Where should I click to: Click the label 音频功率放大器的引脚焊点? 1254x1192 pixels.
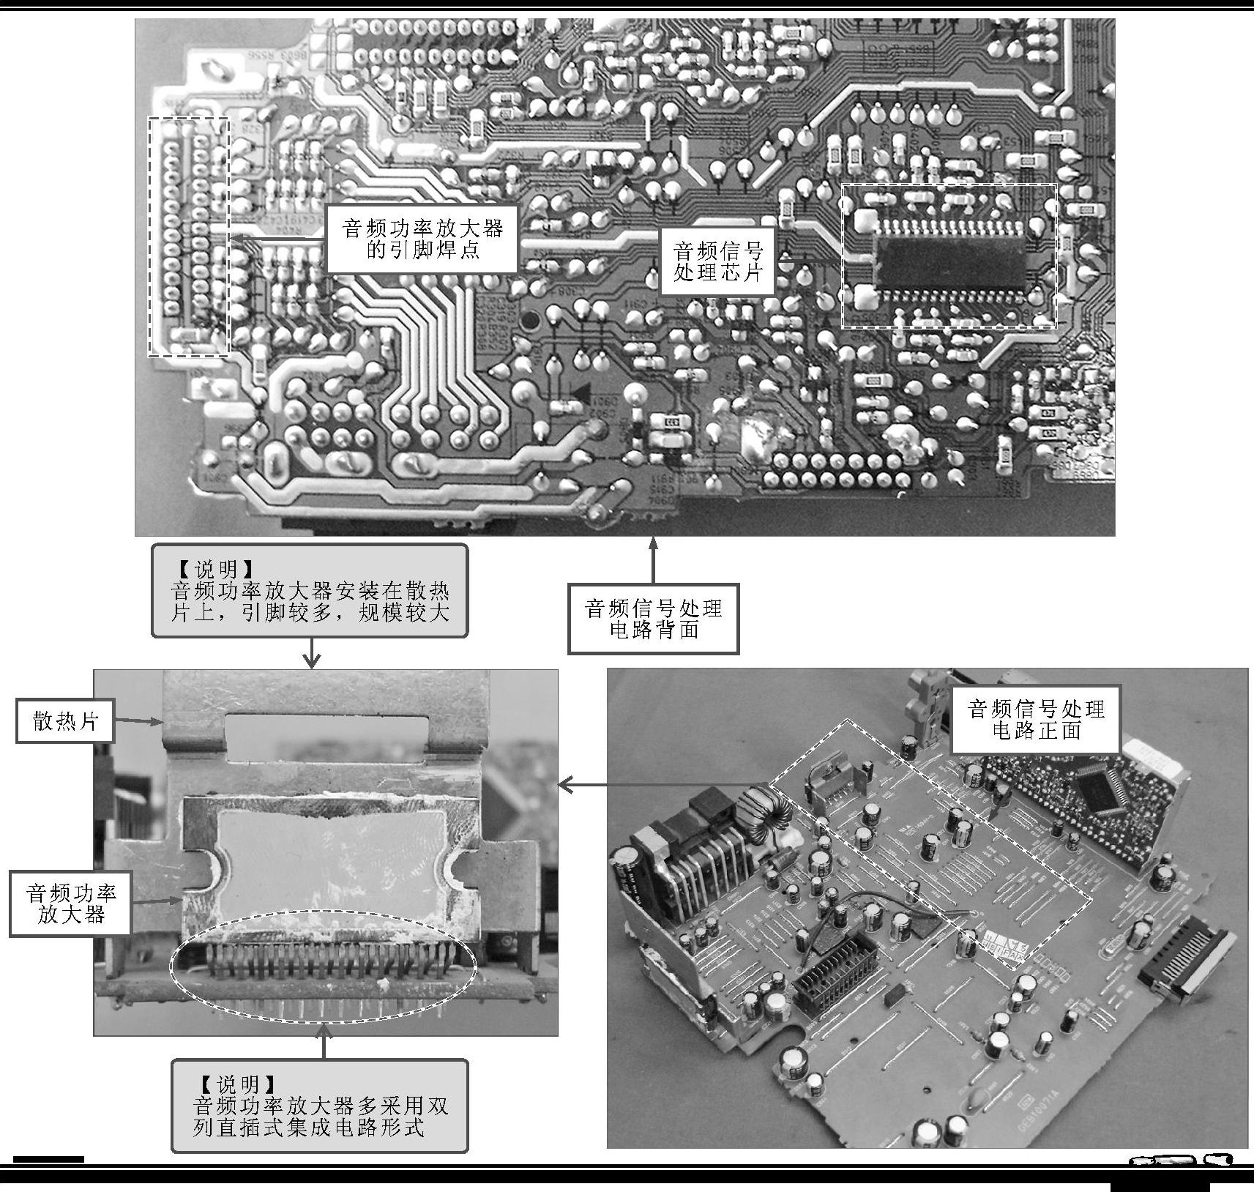coord(422,239)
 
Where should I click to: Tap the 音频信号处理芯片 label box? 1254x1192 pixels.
coord(717,261)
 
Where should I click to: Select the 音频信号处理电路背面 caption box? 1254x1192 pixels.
coord(653,619)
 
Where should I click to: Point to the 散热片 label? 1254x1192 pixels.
coord(65,721)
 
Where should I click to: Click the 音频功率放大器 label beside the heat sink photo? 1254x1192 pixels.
coord(70,903)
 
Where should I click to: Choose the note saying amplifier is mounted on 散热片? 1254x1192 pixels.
coord(310,591)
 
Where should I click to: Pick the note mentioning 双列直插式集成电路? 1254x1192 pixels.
coord(319,1106)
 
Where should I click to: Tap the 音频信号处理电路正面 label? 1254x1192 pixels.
coord(1035,719)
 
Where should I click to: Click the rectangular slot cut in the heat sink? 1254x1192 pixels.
coord(326,734)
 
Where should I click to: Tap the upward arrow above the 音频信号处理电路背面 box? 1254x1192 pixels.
coord(653,560)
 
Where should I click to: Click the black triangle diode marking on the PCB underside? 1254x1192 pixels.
coord(583,392)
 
